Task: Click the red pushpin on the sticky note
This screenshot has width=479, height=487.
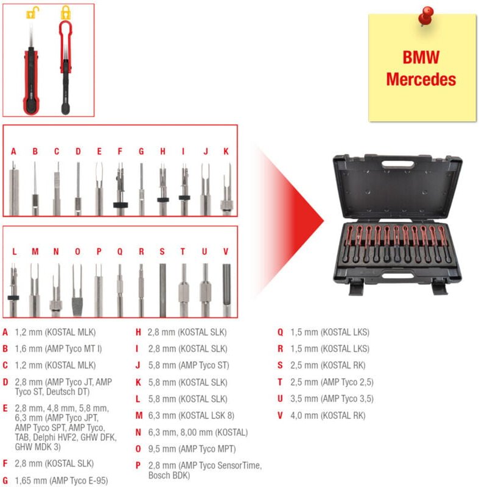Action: click(x=425, y=16)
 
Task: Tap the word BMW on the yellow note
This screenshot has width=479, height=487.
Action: click(x=421, y=57)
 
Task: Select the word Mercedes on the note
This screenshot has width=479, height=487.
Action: click(x=421, y=80)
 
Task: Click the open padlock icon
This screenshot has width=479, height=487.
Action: click(x=33, y=13)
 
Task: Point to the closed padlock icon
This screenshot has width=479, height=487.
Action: click(x=66, y=13)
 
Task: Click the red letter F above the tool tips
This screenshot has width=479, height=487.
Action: click(x=120, y=151)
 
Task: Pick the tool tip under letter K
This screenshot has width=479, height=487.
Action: click(x=227, y=189)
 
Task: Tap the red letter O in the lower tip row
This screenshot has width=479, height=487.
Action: click(x=78, y=251)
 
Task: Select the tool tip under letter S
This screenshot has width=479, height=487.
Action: click(x=163, y=290)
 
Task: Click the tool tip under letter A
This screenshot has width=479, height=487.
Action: click(x=13, y=188)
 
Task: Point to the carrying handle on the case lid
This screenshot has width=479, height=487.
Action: click(x=397, y=164)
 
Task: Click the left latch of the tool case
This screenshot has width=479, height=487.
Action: click(x=356, y=286)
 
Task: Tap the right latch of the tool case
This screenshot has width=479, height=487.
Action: click(x=439, y=286)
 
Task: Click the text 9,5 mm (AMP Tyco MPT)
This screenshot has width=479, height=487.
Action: click(x=192, y=449)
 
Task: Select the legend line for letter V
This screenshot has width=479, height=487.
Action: click(x=321, y=415)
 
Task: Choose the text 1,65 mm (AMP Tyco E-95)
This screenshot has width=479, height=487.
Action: click(x=61, y=480)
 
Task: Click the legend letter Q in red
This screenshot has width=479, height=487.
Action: click(x=280, y=332)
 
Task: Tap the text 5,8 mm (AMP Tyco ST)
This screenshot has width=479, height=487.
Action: click(x=189, y=365)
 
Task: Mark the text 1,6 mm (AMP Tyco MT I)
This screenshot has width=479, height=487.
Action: click(x=58, y=349)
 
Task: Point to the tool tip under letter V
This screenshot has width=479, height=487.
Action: click(x=226, y=290)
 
